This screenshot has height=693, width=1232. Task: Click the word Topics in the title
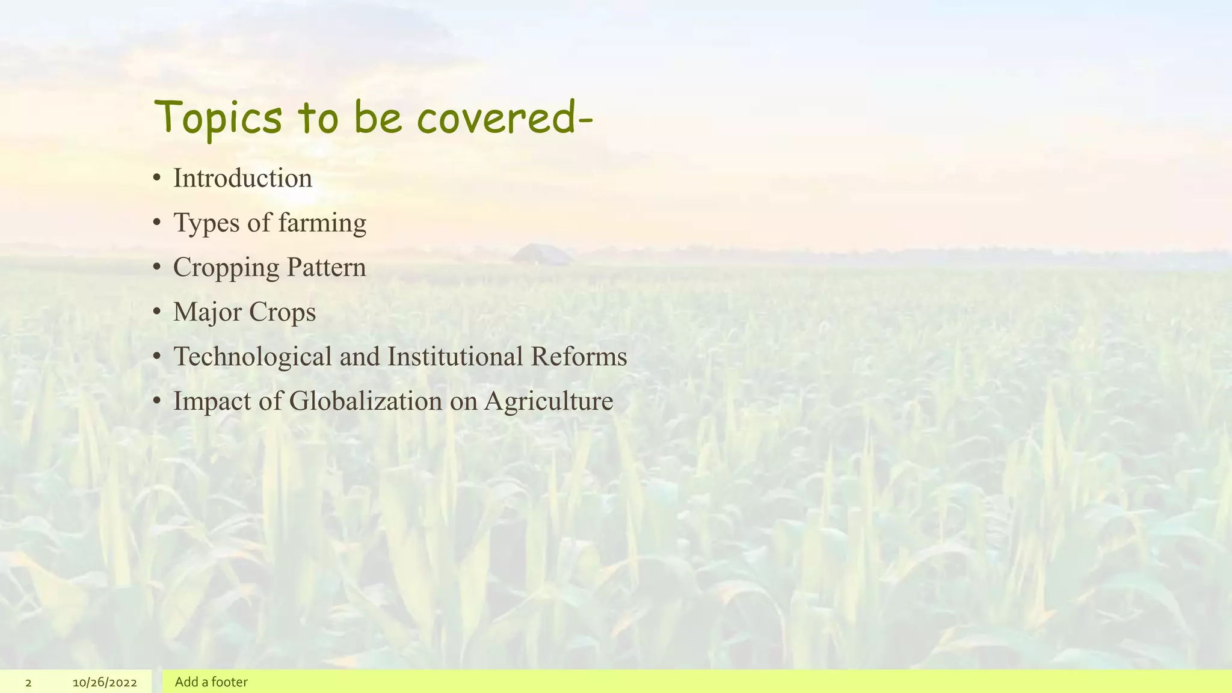tap(218, 118)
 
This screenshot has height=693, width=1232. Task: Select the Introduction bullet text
tap(242, 178)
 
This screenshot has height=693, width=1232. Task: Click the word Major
tap(208, 312)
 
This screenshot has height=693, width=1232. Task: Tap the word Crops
tap(282, 312)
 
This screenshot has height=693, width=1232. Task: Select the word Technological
tap(253, 356)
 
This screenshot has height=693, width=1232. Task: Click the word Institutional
tap(455, 356)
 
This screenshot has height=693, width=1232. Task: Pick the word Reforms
tap(579, 356)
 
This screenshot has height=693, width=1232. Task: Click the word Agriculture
tap(549, 401)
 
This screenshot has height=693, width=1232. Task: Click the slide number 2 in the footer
tap(28, 683)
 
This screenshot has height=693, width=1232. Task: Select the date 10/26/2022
tap(105, 683)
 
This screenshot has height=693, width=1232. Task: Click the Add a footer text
tap(211, 682)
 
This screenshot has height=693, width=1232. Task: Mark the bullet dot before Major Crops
tap(156, 312)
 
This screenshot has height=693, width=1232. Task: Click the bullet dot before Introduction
tap(156, 178)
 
